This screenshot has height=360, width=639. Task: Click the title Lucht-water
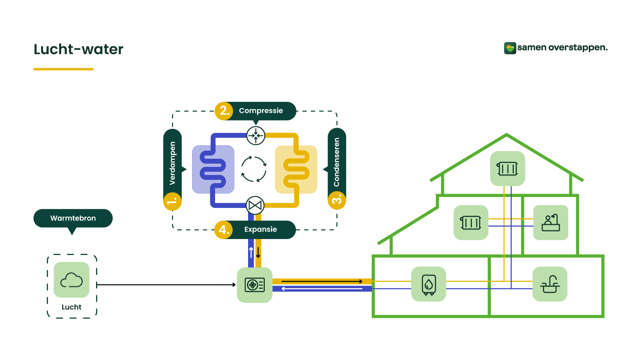(x=78, y=49)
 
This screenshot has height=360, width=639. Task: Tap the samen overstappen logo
(x=555, y=48)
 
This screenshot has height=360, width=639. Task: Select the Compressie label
(x=261, y=110)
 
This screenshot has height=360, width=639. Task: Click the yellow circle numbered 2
(x=224, y=111)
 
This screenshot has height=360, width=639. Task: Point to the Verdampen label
(x=173, y=163)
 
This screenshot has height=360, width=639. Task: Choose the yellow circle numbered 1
(x=173, y=201)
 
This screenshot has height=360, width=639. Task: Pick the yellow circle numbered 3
(x=337, y=201)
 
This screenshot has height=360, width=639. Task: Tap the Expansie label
(x=260, y=229)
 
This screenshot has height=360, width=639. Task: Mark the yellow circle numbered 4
(x=223, y=229)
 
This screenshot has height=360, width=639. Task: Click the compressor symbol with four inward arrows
(x=256, y=136)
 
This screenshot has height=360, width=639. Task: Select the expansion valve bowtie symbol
(x=255, y=206)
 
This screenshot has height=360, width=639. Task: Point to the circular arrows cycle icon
(x=254, y=169)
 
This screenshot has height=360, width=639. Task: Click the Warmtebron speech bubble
(x=73, y=218)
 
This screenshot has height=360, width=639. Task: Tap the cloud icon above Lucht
(x=72, y=280)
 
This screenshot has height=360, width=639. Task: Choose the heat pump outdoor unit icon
(x=255, y=285)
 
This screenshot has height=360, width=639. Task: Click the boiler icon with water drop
(x=428, y=284)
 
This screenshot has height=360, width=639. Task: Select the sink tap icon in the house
(x=550, y=284)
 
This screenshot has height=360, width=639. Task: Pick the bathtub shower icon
(x=551, y=223)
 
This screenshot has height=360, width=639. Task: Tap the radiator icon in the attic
(x=508, y=169)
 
